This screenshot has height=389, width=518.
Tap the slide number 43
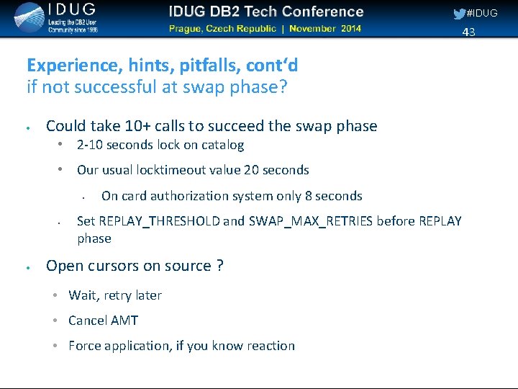pos(468,32)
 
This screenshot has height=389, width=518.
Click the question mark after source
pos(219,266)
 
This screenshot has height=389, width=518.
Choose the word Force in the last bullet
pos(85,346)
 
